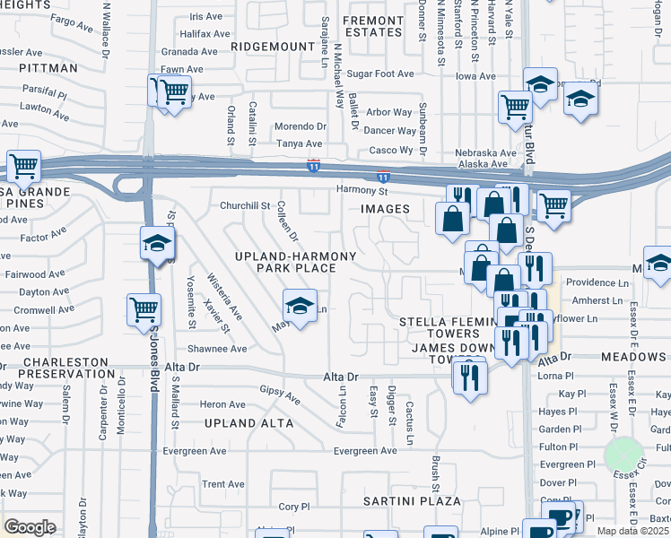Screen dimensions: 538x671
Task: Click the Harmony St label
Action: coord(362,190)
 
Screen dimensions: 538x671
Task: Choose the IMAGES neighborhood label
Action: coord(385,209)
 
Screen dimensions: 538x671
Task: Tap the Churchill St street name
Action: coord(245,205)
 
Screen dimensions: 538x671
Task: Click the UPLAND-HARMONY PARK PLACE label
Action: coord(296,262)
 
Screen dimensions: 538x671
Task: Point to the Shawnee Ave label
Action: coord(217,349)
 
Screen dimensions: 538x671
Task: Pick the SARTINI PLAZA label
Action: coord(412,500)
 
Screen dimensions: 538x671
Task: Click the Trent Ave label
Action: coord(223,484)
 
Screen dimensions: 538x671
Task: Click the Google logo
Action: coord(30,527)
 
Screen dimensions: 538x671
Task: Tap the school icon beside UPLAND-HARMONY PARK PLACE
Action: coord(300,306)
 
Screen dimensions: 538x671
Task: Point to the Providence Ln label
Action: coord(591,282)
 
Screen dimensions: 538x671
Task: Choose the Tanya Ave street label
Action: coord(299,143)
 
